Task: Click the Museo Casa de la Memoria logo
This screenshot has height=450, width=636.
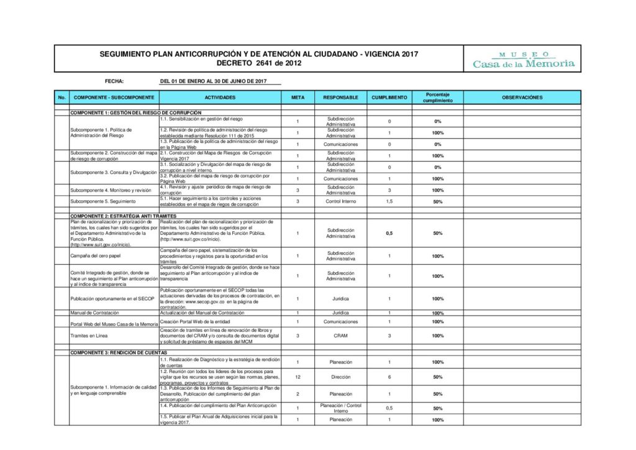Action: (x=524, y=60)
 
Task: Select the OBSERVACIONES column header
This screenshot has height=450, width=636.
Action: (x=522, y=98)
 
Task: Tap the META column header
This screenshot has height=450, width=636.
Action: (x=298, y=98)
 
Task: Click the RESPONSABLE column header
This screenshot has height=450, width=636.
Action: (x=340, y=98)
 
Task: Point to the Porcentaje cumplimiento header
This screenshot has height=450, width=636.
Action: (x=437, y=98)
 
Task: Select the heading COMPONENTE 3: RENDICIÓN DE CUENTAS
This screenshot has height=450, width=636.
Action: (x=119, y=352)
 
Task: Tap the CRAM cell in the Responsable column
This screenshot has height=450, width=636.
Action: (x=340, y=336)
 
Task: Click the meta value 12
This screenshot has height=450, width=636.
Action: (x=298, y=377)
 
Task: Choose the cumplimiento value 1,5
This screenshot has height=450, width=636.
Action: (x=389, y=202)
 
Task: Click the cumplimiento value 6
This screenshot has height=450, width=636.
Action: (x=389, y=377)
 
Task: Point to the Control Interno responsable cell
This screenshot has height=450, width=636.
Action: (x=340, y=202)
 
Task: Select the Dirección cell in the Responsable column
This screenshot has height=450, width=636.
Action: (x=340, y=377)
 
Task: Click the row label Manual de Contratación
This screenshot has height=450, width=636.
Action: (x=94, y=313)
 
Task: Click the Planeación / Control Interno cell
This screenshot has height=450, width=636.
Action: (x=340, y=408)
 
